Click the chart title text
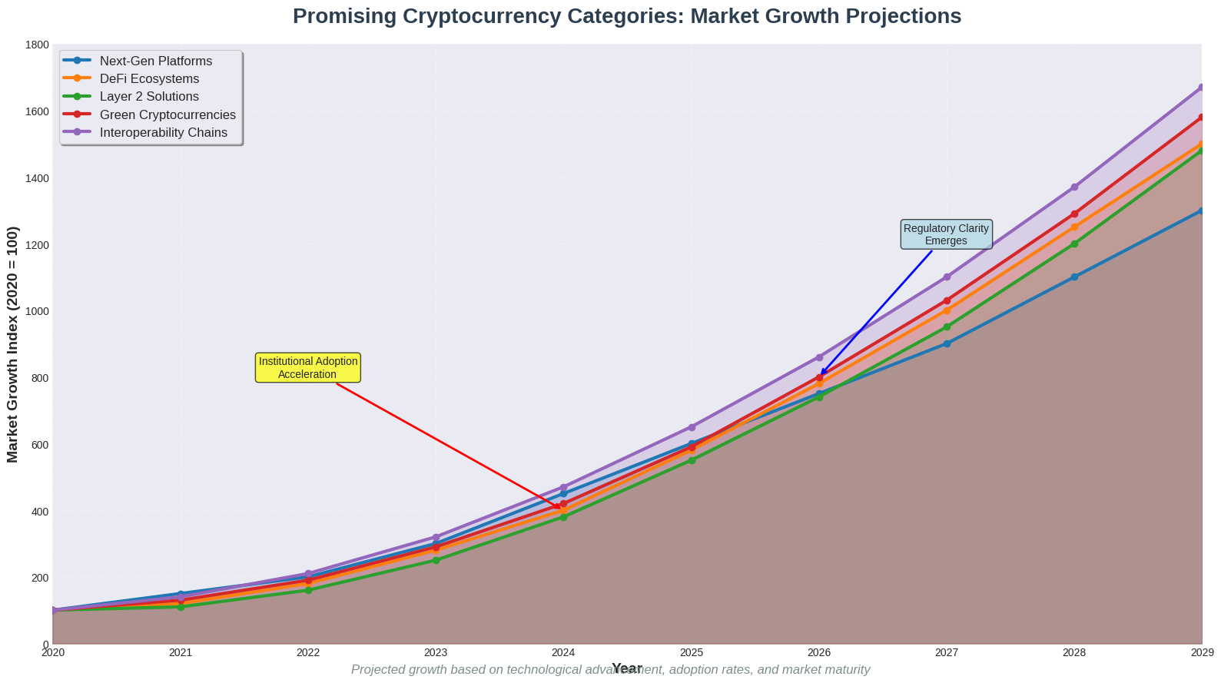[x=626, y=16]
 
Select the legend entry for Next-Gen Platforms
[x=155, y=61]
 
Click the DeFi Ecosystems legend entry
[x=149, y=78]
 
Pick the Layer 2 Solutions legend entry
[x=149, y=97]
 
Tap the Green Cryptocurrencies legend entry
[x=168, y=114]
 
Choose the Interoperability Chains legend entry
[x=163, y=132]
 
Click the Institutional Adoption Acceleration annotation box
[x=307, y=368]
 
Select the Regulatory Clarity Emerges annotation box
[x=946, y=234]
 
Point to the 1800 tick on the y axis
[x=36, y=45]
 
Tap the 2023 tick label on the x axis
[x=436, y=653]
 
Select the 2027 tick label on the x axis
[x=946, y=653]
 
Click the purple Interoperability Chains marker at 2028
[x=1074, y=187]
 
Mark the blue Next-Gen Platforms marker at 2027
[x=947, y=343]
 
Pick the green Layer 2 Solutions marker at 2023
[x=436, y=560]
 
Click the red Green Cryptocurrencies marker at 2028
[x=1074, y=214]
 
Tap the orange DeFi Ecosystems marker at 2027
[x=947, y=310]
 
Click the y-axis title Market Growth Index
[x=12, y=344]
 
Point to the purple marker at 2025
[x=692, y=427]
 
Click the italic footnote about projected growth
[x=610, y=670]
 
